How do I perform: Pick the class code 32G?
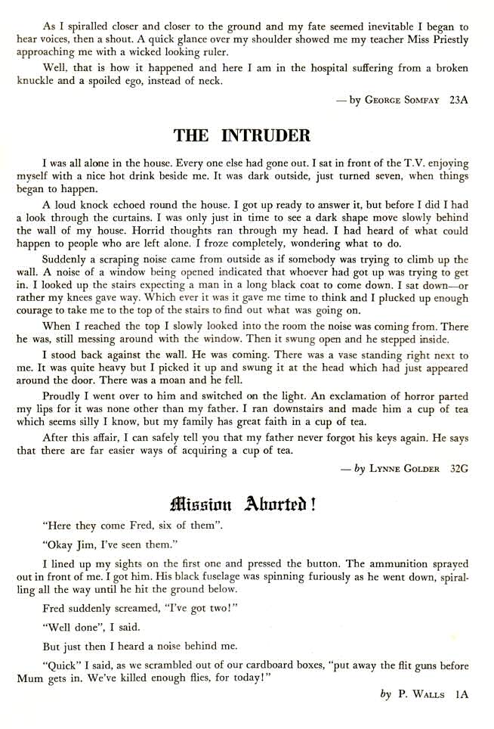coord(458,469)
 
